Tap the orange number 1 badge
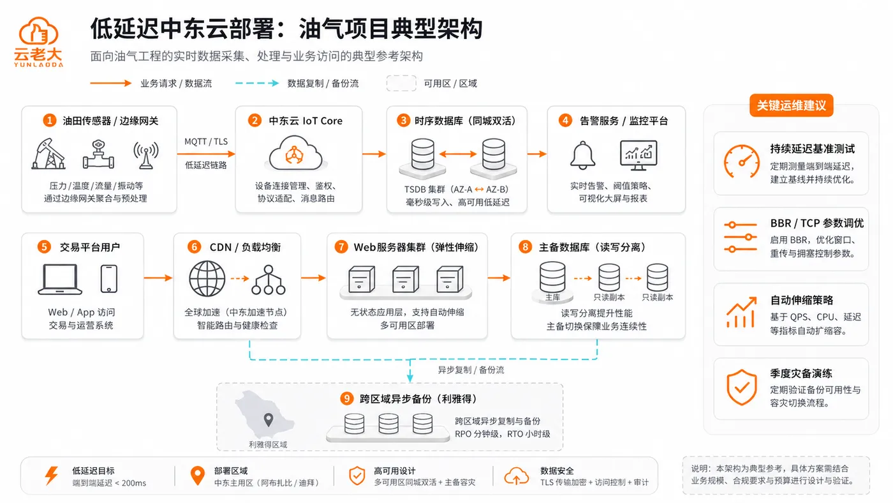(x=50, y=121)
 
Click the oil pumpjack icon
(x=48, y=154)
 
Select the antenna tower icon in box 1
(x=146, y=154)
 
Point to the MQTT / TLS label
(x=205, y=142)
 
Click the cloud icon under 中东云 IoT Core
(x=295, y=154)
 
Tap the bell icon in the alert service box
(x=582, y=155)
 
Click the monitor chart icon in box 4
(x=638, y=155)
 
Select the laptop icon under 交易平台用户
(x=60, y=279)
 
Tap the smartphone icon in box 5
(x=109, y=279)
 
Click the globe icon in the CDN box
(x=207, y=278)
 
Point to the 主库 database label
(x=552, y=297)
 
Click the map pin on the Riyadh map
(x=269, y=419)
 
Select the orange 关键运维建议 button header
(x=791, y=105)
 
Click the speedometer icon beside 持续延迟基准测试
(x=741, y=161)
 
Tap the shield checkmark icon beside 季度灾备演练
(x=741, y=387)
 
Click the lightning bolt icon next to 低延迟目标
(x=52, y=476)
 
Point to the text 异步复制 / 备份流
(x=471, y=370)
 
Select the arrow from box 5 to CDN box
(x=158, y=278)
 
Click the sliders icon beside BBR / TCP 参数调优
(x=741, y=237)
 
